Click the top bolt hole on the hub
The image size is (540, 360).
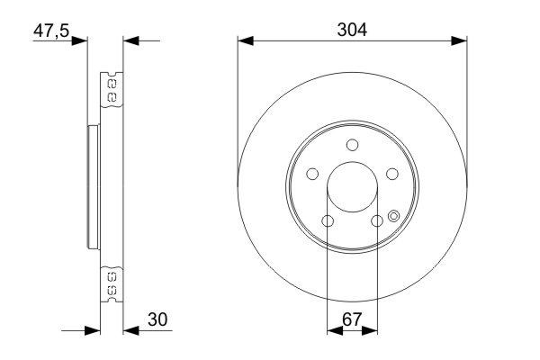[353, 146]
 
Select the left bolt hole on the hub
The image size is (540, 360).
[312, 175]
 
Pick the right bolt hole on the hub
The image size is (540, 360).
[392, 175]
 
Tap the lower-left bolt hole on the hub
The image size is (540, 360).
[328, 221]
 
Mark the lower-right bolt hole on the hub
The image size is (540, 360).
[377, 221]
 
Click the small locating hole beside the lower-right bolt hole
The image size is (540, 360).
[393, 215]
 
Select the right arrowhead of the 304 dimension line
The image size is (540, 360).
[461, 40]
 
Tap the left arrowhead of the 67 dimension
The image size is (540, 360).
[335, 329]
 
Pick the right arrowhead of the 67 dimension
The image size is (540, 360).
[370, 329]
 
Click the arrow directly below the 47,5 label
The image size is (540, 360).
[79, 40]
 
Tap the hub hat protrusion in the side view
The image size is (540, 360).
[91, 187]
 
